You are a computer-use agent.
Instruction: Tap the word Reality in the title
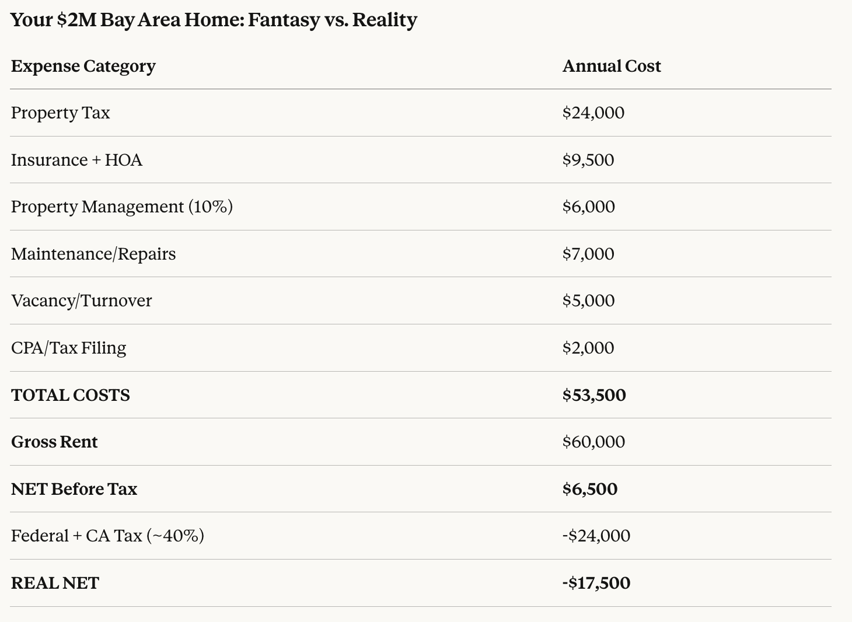tap(385, 20)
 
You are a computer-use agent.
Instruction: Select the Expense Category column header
tap(83, 66)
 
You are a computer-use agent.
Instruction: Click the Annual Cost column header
tap(612, 66)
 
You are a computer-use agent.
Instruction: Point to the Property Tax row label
tap(61, 113)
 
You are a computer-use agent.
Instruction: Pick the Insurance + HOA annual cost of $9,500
tap(588, 160)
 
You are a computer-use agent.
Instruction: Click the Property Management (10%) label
tap(122, 207)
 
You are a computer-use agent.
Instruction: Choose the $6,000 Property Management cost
tap(589, 207)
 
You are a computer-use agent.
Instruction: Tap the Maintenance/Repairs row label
tap(93, 254)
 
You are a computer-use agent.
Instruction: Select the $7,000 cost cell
tap(588, 254)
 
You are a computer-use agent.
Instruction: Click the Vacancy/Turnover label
tap(82, 300)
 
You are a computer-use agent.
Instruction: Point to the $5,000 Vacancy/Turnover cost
tap(589, 300)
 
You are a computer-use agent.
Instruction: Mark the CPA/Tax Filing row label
tap(69, 348)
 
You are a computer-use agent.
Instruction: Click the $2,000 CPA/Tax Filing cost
tap(588, 348)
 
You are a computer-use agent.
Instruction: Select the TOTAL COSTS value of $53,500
tap(594, 395)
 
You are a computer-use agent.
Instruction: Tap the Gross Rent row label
tap(54, 442)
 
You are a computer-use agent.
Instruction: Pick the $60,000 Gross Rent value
tap(593, 442)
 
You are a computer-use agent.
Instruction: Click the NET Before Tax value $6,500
tap(590, 489)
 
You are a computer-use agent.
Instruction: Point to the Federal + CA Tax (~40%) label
tap(108, 536)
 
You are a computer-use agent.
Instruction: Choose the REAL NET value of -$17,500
tap(596, 583)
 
